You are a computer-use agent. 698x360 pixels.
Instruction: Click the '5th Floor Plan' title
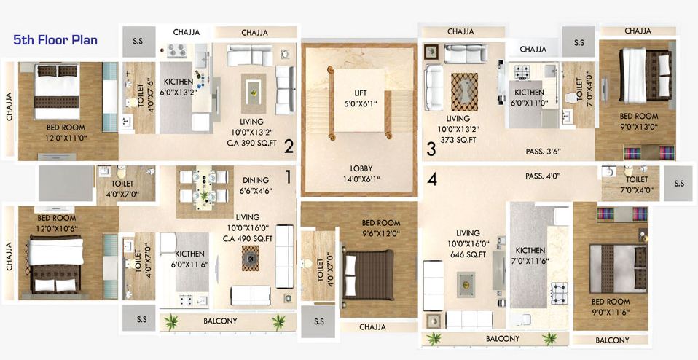(55, 40)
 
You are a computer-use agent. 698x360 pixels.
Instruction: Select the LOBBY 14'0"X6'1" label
(359, 173)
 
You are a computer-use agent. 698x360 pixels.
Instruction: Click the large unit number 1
(289, 176)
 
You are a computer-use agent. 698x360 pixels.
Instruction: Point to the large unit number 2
(289, 147)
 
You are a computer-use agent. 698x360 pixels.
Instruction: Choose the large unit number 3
(431, 149)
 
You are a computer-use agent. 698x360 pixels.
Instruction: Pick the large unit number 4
(432, 179)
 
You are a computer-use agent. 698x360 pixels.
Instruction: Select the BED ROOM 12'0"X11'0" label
(66, 132)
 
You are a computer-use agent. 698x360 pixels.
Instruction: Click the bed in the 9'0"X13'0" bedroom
(645, 78)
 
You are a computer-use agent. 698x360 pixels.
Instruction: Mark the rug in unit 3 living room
(464, 92)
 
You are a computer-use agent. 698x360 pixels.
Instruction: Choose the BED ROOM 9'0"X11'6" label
(611, 307)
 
